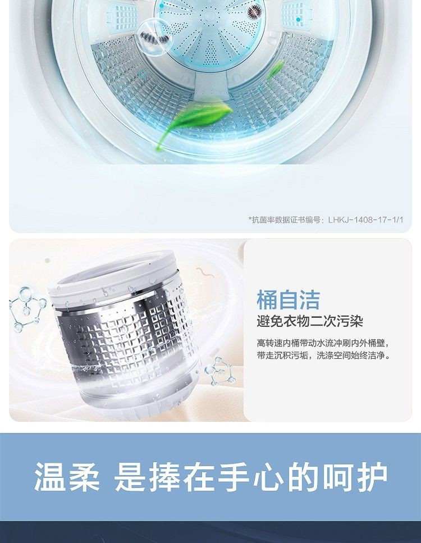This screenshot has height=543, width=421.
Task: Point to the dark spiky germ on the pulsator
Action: coord(255,12)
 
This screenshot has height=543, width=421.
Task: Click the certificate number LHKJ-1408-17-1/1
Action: coord(365,220)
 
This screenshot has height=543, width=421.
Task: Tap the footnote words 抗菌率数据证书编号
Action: coord(286,220)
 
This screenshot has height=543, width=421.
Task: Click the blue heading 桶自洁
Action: coord(288,300)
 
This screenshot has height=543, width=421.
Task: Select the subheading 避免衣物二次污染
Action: coord(309,321)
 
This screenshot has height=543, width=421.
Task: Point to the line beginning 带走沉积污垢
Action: coord(323,355)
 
